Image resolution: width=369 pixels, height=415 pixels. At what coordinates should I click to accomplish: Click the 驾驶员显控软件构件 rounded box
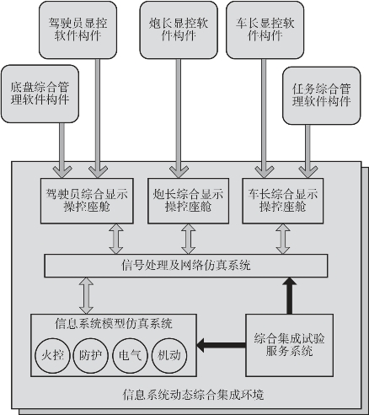78,30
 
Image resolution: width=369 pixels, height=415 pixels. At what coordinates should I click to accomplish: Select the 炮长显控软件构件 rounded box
179,30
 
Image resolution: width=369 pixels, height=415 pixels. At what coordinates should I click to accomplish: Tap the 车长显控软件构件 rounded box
265,30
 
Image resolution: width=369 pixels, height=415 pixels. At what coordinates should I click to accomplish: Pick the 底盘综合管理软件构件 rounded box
40,94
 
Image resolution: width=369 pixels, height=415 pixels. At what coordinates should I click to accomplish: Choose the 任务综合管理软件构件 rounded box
322,95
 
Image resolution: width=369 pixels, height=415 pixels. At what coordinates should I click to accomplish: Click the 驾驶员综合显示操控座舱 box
87,201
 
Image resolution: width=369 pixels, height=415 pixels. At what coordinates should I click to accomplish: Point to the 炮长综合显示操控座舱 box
188,201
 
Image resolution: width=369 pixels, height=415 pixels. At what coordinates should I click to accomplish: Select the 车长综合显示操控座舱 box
283,201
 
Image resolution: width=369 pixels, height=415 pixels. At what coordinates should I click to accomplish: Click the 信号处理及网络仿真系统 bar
186,266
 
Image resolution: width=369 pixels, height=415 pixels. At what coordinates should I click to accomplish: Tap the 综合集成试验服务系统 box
290,345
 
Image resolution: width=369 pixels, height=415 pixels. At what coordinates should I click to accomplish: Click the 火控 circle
52,355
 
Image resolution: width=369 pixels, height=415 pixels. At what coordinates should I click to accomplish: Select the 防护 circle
91,355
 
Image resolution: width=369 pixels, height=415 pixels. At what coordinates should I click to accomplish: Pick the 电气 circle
131,355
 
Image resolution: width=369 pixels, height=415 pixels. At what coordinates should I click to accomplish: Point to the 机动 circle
169,355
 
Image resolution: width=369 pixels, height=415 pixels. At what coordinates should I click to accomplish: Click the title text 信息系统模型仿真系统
114,324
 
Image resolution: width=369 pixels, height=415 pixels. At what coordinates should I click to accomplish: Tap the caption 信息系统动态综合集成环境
194,395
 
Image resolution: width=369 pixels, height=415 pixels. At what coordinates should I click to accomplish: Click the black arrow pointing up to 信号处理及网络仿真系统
290,295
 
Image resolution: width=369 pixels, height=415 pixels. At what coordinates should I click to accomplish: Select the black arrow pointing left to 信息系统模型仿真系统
221,345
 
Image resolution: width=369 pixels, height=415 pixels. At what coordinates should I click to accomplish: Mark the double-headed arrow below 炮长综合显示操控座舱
188,239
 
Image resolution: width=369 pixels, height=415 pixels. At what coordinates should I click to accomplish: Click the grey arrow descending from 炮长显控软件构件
179,118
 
